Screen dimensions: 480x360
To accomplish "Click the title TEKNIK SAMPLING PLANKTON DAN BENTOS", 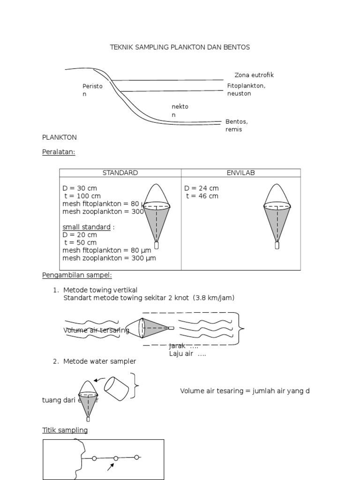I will tap(180, 47).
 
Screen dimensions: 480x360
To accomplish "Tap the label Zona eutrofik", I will tap(254, 75).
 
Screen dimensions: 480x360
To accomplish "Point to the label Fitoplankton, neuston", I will tap(246, 90).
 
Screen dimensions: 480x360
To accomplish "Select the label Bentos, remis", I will tap(237, 126).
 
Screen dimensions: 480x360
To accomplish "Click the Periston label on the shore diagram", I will tap(92, 90).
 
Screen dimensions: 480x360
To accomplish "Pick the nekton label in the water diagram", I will tap(180, 111).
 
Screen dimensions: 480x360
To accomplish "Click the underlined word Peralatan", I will tap(59, 152).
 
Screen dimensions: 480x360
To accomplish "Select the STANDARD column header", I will tap(120, 173).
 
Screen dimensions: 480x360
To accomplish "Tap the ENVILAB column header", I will tap(240, 173).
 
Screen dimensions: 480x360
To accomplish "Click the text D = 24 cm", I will tap(201, 188).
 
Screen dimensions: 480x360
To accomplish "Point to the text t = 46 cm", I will tap(202, 196).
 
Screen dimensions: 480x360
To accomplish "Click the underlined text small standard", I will tap(86, 227).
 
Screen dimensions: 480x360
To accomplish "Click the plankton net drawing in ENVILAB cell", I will tap(277, 213).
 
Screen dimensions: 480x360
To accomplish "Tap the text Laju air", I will tap(187, 354).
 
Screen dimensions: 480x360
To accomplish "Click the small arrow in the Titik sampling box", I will tap(111, 466).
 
